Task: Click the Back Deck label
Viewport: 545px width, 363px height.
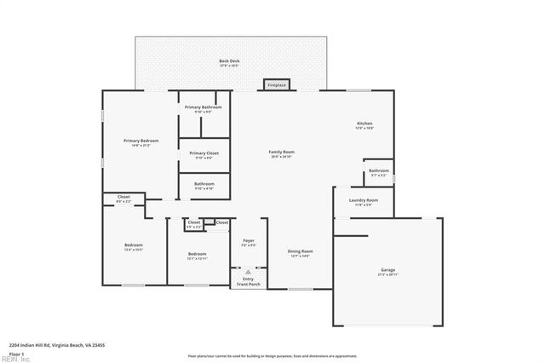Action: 229,62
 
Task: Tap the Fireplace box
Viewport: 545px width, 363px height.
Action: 277,85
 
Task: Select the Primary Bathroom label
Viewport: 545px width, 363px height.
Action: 204,108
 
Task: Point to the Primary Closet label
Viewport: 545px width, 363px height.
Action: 204,154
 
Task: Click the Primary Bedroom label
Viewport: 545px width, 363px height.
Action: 140,142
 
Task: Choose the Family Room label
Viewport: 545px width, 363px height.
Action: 282,153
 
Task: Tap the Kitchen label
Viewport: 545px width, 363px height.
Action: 364,125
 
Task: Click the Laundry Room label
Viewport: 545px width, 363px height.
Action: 362,203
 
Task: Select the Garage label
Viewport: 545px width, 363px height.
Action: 387,272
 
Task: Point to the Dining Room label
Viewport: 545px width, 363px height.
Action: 300,252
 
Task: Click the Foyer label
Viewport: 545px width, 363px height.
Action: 248,243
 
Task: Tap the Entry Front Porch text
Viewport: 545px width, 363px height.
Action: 248,282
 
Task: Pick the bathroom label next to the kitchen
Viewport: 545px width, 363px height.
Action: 379,172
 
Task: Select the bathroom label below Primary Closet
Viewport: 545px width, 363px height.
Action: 204,185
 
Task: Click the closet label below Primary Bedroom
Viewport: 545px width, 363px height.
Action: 123,199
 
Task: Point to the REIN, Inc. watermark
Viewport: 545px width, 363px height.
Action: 14,359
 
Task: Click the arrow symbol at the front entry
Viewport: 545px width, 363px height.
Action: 248,273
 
